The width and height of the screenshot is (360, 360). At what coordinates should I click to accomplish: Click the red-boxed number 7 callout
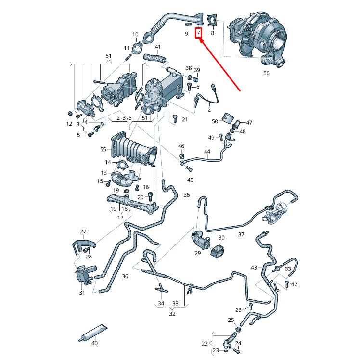pos(198,33)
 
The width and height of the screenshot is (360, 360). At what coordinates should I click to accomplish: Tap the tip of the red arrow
pos(199,39)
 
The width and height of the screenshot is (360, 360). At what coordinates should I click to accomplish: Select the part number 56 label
pos(266,73)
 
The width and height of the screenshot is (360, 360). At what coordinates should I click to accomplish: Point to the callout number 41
pos(157,47)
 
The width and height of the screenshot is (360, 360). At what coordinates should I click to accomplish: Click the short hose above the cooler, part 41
pos(154,58)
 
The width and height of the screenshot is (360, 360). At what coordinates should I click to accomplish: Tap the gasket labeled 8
pos(212,20)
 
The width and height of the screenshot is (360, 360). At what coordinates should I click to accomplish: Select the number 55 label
pos(103,149)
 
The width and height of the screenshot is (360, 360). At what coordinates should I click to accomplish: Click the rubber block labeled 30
pos(218,252)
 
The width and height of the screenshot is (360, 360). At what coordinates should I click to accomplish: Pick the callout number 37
pos(241,234)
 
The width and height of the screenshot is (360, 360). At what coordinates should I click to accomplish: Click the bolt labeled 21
pos(175,118)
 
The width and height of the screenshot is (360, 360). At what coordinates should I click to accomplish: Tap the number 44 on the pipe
pos(207,151)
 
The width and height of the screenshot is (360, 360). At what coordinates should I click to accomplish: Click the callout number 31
pos(82,293)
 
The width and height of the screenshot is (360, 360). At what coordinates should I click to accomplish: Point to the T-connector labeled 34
pos(162,288)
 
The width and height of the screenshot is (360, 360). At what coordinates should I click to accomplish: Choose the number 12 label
pos(69,124)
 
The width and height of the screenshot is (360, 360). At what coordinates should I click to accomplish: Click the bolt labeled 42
pos(287,284)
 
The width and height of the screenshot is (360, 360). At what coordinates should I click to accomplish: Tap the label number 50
pos(215,121)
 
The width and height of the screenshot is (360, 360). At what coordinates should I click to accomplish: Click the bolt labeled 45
pos(190,169)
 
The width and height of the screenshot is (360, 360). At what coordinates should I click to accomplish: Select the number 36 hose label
pos(125,276)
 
